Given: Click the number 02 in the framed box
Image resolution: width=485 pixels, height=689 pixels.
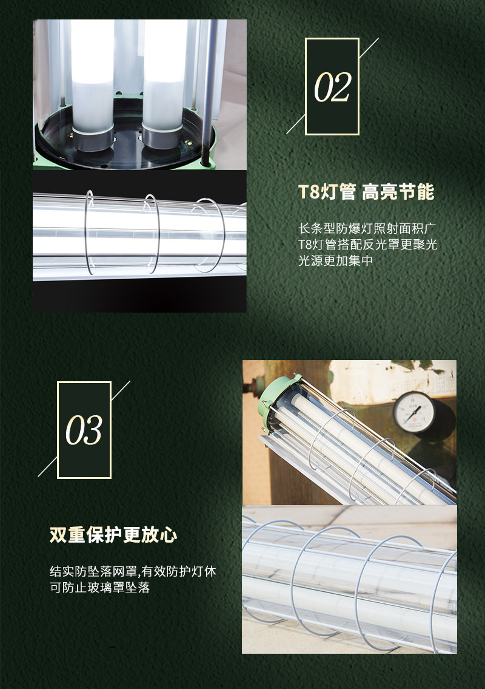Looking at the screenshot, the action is [x=332, y=87].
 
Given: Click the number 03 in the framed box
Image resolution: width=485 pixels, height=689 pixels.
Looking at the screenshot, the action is [x=84, y=430].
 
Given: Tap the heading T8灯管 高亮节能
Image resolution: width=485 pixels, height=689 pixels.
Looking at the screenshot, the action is [x=366, y=192].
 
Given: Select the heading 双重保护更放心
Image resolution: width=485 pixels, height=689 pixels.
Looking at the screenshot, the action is [x=113, y=535].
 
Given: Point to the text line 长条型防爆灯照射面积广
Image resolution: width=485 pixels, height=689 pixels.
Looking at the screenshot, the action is [x=367, y=228].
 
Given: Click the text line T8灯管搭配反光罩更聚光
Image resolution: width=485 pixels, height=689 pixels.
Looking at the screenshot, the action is [x=368, y=244].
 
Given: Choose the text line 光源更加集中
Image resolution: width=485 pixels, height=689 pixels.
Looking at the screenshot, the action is [x=335, y=260].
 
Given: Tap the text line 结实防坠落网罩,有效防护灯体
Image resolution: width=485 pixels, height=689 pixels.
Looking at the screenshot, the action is [x=133, y=571].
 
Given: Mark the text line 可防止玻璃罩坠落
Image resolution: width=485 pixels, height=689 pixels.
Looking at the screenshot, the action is [x=99, y=587].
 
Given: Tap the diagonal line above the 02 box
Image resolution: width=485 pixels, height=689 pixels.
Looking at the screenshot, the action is [x=369, y=48].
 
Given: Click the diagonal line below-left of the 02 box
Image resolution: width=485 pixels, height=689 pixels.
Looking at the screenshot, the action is [x=295, y=124].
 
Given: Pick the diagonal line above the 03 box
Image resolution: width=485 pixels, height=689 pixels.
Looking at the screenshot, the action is [x=121, y=391].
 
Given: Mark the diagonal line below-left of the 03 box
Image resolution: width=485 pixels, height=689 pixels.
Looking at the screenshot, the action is [x=47, y=467].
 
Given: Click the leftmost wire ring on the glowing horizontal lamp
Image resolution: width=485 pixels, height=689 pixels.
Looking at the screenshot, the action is [x=90, y=232].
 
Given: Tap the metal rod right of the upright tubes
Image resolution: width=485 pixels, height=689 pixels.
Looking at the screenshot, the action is [x=209, y=92].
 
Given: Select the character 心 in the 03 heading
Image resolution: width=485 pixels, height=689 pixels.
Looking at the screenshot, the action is [x=169, y=535].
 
